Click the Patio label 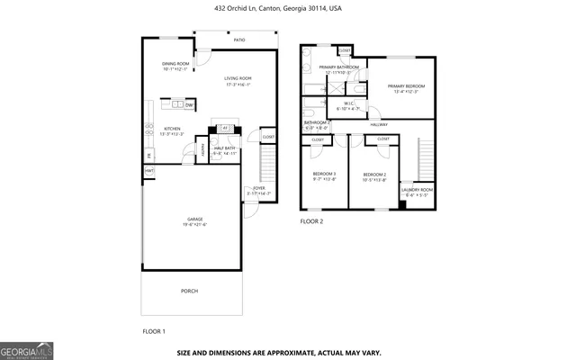click(239, 40)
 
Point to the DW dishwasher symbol click(189, 105)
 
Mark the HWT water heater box click(148, 170)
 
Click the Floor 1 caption click(154, 331)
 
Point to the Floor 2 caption click(311, 220)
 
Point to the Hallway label click(378, 124)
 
